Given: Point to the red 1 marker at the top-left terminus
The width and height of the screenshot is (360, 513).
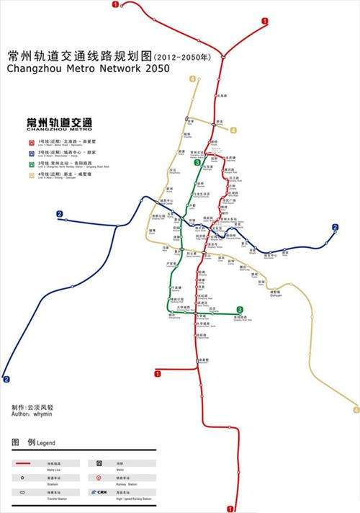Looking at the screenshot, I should point(116,4).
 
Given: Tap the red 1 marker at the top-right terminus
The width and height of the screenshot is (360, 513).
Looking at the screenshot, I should point(265,22).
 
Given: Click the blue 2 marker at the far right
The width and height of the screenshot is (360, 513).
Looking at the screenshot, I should point(335,228).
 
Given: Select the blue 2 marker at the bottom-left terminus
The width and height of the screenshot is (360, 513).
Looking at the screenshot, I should point(6,379).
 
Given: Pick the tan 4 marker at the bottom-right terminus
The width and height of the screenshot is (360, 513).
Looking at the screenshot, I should point(356,409).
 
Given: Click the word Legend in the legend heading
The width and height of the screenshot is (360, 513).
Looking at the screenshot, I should point(42,442).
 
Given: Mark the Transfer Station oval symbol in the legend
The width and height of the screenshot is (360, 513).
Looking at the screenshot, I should point(22,491).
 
